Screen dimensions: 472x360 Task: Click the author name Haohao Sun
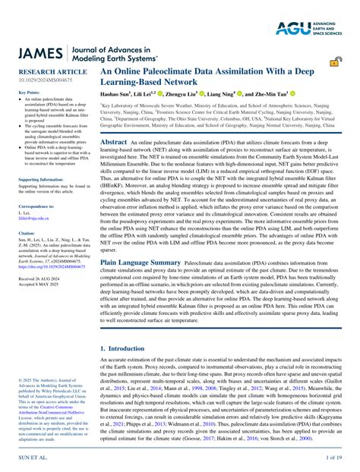[x=116, y=93]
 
